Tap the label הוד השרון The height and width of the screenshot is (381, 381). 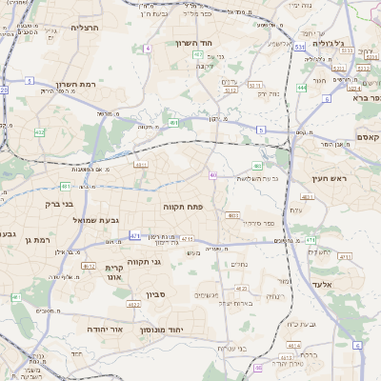click(x=199, y=43)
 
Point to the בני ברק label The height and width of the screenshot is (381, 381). click(x=59, y=203)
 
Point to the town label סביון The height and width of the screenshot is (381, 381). click(x=156, y=294)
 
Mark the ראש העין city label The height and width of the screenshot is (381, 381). click(x=332, y=178)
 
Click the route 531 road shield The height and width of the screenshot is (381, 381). click(x=299, y=46)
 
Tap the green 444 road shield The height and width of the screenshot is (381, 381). click(x=301, y=87)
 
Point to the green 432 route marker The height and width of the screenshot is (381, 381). click(x=39, y=132)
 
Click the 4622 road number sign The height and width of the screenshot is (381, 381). click(x=133, y=304)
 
